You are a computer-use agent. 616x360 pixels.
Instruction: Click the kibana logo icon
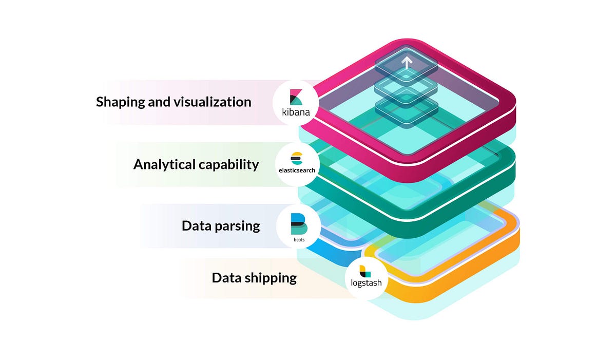tap(296, 97)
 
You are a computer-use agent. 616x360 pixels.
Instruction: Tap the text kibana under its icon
tap(296, 111)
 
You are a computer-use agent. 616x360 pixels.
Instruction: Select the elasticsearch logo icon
tap(297, 158)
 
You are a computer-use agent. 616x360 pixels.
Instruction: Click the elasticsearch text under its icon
tap(297, 170)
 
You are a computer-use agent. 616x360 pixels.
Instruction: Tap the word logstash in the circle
tap(367, 282)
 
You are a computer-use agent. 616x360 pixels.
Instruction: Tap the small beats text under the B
tap(298, 239)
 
